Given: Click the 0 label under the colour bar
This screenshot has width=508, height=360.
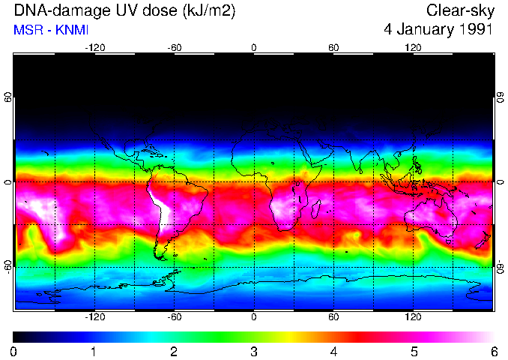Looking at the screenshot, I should coord(14,351).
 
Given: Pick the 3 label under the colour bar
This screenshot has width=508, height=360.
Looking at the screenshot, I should coord(254,351).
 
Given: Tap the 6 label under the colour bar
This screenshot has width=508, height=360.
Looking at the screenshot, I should coord(494,351).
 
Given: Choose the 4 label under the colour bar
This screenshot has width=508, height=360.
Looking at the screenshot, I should coord(334,351).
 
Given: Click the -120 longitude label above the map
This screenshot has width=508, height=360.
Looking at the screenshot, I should coord(94,48).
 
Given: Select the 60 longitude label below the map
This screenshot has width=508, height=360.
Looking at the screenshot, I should coord(333,317).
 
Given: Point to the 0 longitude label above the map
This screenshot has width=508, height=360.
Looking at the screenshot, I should coord(254,48).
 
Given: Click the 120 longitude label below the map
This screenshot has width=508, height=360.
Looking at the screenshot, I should coord(413,317).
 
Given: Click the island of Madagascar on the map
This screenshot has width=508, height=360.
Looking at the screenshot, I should coord(316,208).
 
